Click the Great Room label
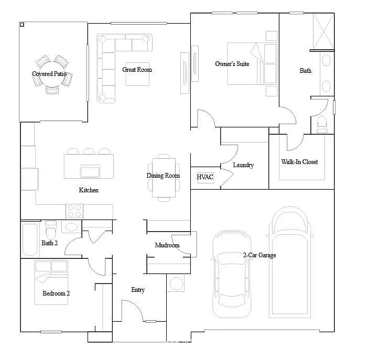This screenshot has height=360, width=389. click(137, 70)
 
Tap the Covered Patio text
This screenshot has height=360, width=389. click(49, 74)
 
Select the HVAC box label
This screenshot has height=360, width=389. click(205, 177)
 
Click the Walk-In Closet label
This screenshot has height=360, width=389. click(299, 162)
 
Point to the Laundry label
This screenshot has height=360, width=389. click(243, 165)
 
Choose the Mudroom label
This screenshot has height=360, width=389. click(167, 245)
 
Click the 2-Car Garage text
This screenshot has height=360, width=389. click(259, 255)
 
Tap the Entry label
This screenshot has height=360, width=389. click(138, 290)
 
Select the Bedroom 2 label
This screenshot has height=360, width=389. click(56, 293)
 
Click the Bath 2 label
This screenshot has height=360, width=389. click(50, 243)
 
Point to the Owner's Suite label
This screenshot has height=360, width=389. click(232, 64)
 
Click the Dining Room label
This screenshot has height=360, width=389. click(163, 176)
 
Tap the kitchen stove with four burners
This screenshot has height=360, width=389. click(74, 211)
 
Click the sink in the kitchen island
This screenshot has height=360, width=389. click(90, 171)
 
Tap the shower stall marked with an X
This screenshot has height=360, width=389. click(322, 31)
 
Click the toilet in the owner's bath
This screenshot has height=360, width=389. click(322, 124)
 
